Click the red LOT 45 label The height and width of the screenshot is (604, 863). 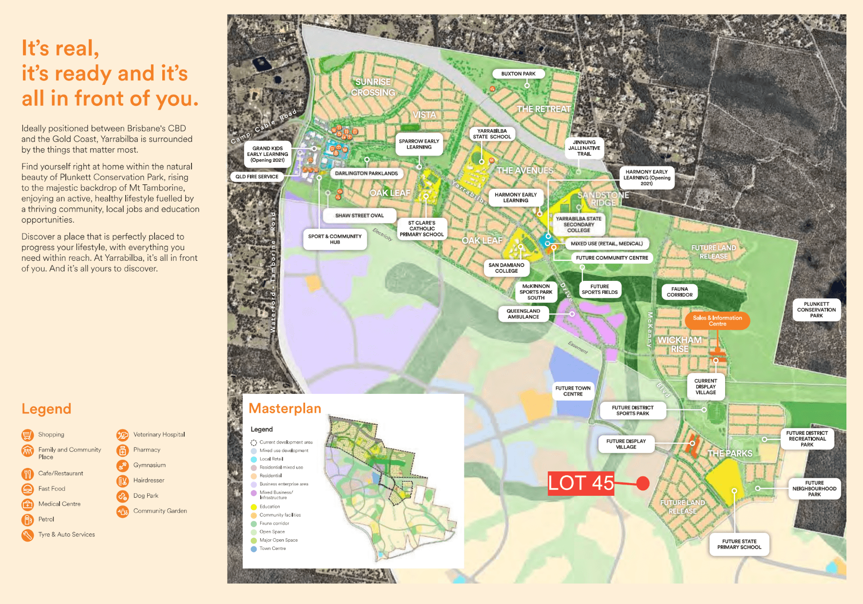580,483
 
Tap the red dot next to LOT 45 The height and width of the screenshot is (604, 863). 643,483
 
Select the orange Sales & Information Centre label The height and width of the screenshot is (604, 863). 717,321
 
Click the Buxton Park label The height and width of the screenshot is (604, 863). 518,74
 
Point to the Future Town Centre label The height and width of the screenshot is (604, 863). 573,391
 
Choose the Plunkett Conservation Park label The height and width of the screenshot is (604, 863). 816,310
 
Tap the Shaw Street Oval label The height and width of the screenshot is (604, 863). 359,215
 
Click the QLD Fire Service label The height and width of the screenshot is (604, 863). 257,177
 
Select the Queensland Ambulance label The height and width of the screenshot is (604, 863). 523,314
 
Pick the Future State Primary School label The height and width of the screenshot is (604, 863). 739,544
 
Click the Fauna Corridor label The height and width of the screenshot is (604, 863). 679,292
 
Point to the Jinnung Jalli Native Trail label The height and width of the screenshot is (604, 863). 584,148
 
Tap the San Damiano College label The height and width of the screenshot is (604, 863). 506,268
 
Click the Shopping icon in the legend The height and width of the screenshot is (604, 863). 28,435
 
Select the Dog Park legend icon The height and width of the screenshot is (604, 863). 122,496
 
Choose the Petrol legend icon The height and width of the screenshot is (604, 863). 28,520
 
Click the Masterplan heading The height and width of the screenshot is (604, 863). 285,409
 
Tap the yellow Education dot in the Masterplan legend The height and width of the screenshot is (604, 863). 253,507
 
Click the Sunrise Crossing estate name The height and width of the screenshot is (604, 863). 373,87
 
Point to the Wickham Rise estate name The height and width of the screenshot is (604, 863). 679,344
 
